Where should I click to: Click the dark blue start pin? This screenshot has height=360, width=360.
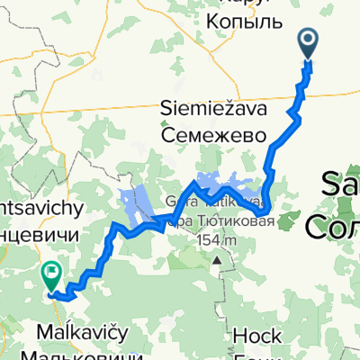tap(308, 41)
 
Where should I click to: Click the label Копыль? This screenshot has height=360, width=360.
tap(245, 18)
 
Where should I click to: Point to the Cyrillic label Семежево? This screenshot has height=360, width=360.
tap(215, 134)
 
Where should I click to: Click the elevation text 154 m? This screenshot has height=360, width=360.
tap(216, 240)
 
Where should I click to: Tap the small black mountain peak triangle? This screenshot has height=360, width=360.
tap(217, 260)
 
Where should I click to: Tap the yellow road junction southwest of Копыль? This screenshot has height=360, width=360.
tap(253, 88)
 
